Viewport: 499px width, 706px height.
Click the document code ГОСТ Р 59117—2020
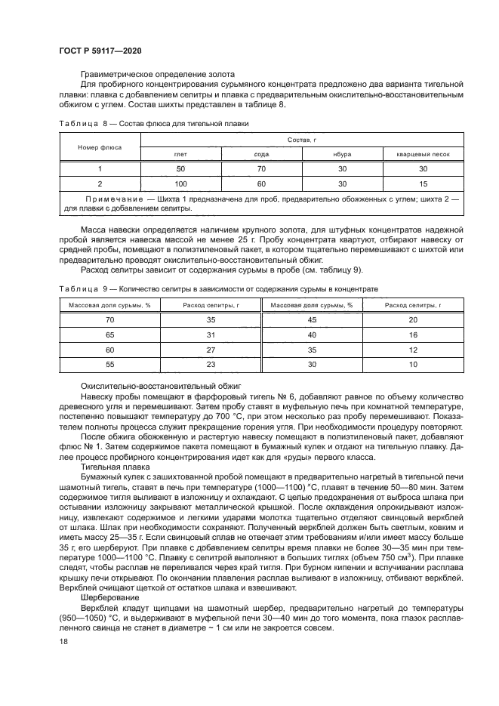100,50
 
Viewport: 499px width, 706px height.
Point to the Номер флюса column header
100,147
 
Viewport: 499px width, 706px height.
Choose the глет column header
180,153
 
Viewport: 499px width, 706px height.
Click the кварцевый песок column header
423,153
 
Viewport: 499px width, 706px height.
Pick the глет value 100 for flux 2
180,183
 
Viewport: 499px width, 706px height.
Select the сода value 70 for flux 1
261,168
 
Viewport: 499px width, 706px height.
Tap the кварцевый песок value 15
423,183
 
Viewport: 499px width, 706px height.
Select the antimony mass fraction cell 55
109,365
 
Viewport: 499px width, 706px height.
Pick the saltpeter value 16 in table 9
413,335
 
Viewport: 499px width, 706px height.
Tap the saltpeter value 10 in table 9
413,365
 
